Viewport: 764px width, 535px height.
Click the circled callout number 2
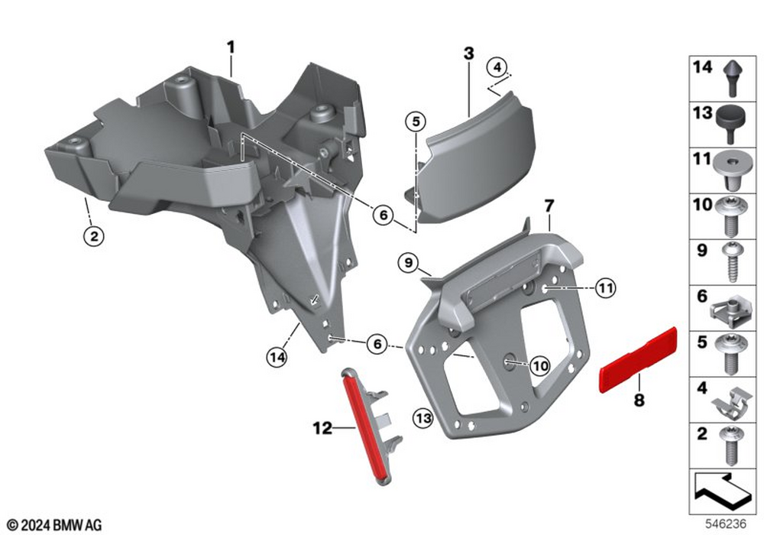click(x=93, y=236)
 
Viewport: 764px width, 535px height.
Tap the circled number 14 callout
click(x=277, y=358)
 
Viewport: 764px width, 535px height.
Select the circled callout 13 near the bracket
click(x=423, y=418)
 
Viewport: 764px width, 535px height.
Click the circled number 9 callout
click(x=408, y=263)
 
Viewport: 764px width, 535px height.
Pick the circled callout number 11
click(x=605, y=288)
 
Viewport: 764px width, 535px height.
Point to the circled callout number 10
click(x=540, y=365)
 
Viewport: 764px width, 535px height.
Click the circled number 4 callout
click(x=497, y=67)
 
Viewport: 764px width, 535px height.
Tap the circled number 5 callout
click(x=416, y=121)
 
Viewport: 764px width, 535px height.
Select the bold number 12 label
click(x=322, y=428)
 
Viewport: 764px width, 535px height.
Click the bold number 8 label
click(x=639, y=400)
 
